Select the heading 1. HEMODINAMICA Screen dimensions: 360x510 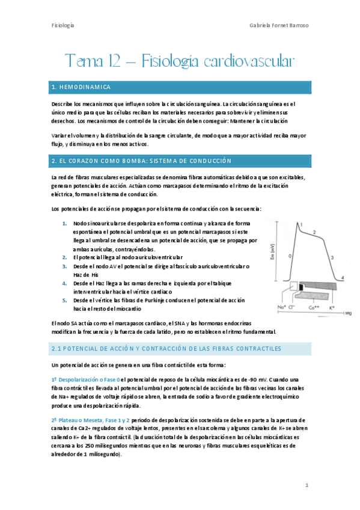pos(81,87)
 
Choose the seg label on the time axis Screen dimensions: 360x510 pos(347,313)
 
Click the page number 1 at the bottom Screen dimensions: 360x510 pos(307,485)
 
